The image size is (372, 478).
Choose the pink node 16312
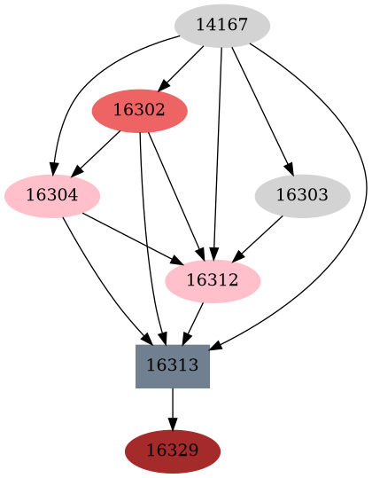click(x=213, y=280)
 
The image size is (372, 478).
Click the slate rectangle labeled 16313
click(x=173, y=365)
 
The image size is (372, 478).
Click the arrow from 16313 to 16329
click(x=173, y=409)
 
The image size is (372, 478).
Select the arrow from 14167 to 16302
click(x=182, y=67)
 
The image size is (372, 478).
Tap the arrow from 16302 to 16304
click(x=97, y=153)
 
